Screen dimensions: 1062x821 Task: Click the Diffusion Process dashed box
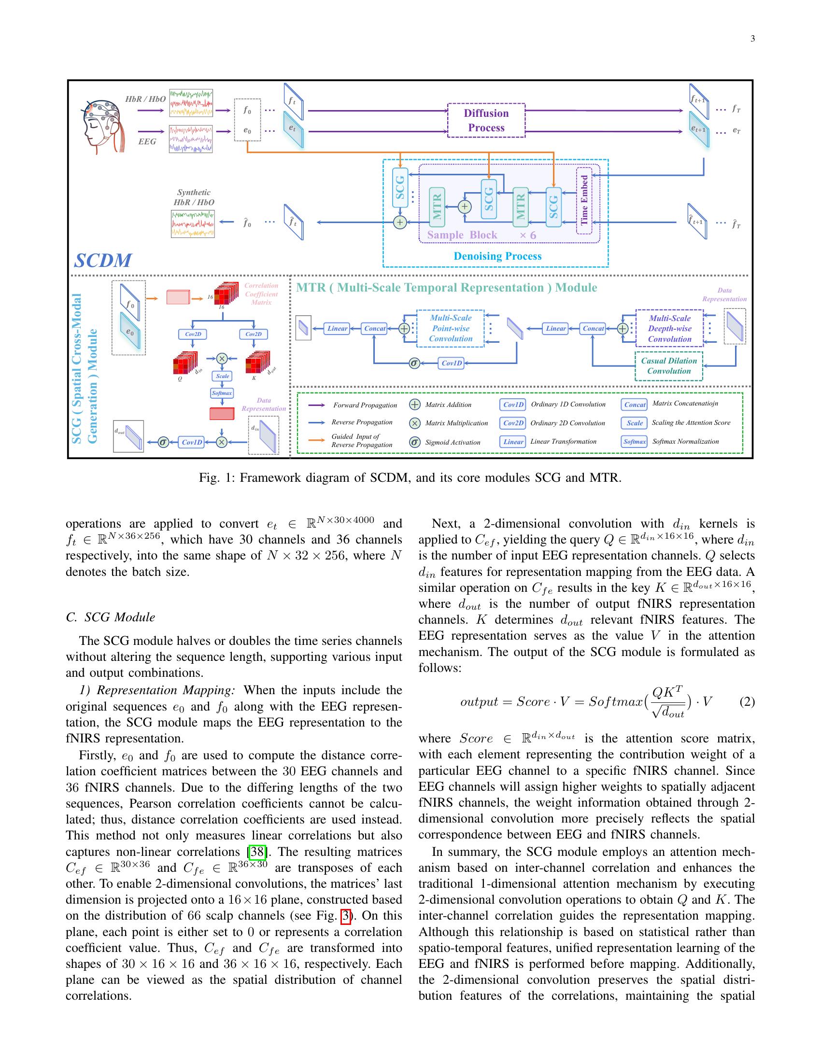point(486,120)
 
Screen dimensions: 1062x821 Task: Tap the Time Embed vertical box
point(584,200)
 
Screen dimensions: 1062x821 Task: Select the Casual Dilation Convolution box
point(669,366)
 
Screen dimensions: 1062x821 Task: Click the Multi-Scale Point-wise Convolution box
point(451,328)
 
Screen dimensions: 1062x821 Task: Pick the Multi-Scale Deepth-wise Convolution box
point(669,329)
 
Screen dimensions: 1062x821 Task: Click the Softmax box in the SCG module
point(222,393)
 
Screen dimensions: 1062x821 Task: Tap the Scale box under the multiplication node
point(222,376)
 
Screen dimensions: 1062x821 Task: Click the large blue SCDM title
point(102,260)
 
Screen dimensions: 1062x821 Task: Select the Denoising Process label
point(497,256)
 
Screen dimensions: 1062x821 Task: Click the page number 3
point(752,39)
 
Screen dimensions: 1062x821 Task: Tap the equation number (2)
point(747,702)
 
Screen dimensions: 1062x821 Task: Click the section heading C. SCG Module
point(110,617)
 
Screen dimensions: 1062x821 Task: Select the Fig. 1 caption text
point(410,477)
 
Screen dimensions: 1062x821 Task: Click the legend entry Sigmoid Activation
point(453,442)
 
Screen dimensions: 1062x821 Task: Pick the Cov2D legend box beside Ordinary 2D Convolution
point(512,423)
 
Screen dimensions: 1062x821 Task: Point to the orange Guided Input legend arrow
point(317,440)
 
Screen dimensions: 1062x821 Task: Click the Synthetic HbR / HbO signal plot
point(193,224)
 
